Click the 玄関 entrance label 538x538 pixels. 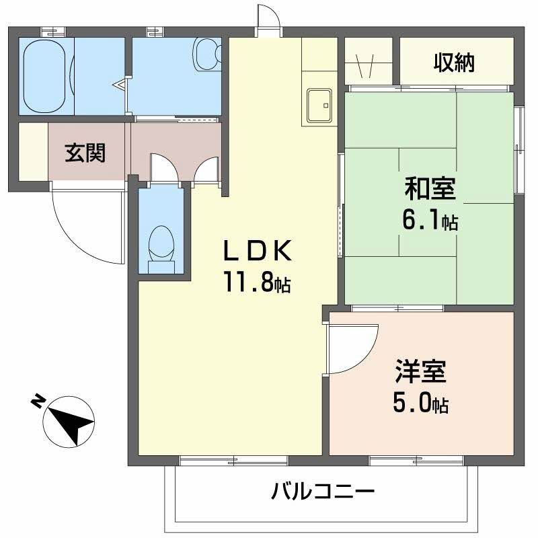click(x=85, y=153)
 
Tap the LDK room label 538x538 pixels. click(x=258, y=250)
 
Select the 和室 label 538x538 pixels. click(x=430, y=188)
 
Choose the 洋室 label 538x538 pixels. click(x=421, y=371)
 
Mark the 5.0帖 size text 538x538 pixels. click(x=421, y=403)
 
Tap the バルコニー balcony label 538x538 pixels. click(x=323, y=492)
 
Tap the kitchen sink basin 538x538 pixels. click(x=319, y=106)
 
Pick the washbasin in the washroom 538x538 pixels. click(x=206, y=54)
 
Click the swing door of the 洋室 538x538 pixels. click(x=352, y=348)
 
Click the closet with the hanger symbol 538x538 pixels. click(x=369, y=61)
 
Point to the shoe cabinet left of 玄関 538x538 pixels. click(x=33, y=151)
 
